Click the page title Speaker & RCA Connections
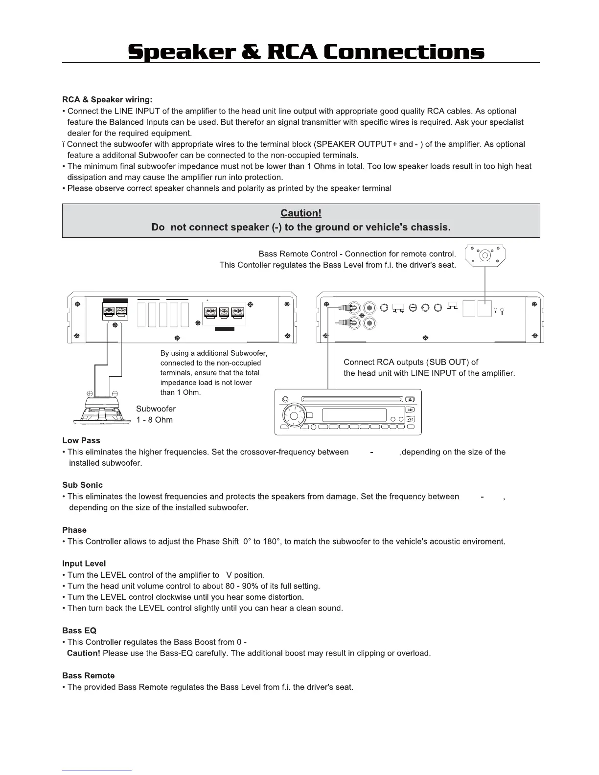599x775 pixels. click(x=306, y=52)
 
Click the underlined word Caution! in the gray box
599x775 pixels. click(x=300, y=213)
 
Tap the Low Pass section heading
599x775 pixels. click(x=81, y=440)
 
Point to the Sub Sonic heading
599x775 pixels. click(x=82, y=485)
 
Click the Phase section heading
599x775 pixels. click(x=74, y=530)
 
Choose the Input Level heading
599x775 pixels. click(x=84, y=564)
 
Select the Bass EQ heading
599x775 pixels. click(x=79, y=631)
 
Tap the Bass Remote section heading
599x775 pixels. click(x=89, y=676)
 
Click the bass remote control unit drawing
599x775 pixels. click(x=484, y=255)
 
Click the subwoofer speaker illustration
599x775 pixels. click(x=102, y=410)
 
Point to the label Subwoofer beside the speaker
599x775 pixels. click(x=156, y=409)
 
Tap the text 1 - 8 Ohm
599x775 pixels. click(x=154, y=420)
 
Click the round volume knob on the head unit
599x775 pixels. click(x=294, y=416)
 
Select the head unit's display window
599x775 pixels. click(x=354, y=415)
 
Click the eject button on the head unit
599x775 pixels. click(x=411, y=399)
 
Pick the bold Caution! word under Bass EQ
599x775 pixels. click(x=84, y=653)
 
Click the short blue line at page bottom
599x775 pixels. click(x=97, y=771)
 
